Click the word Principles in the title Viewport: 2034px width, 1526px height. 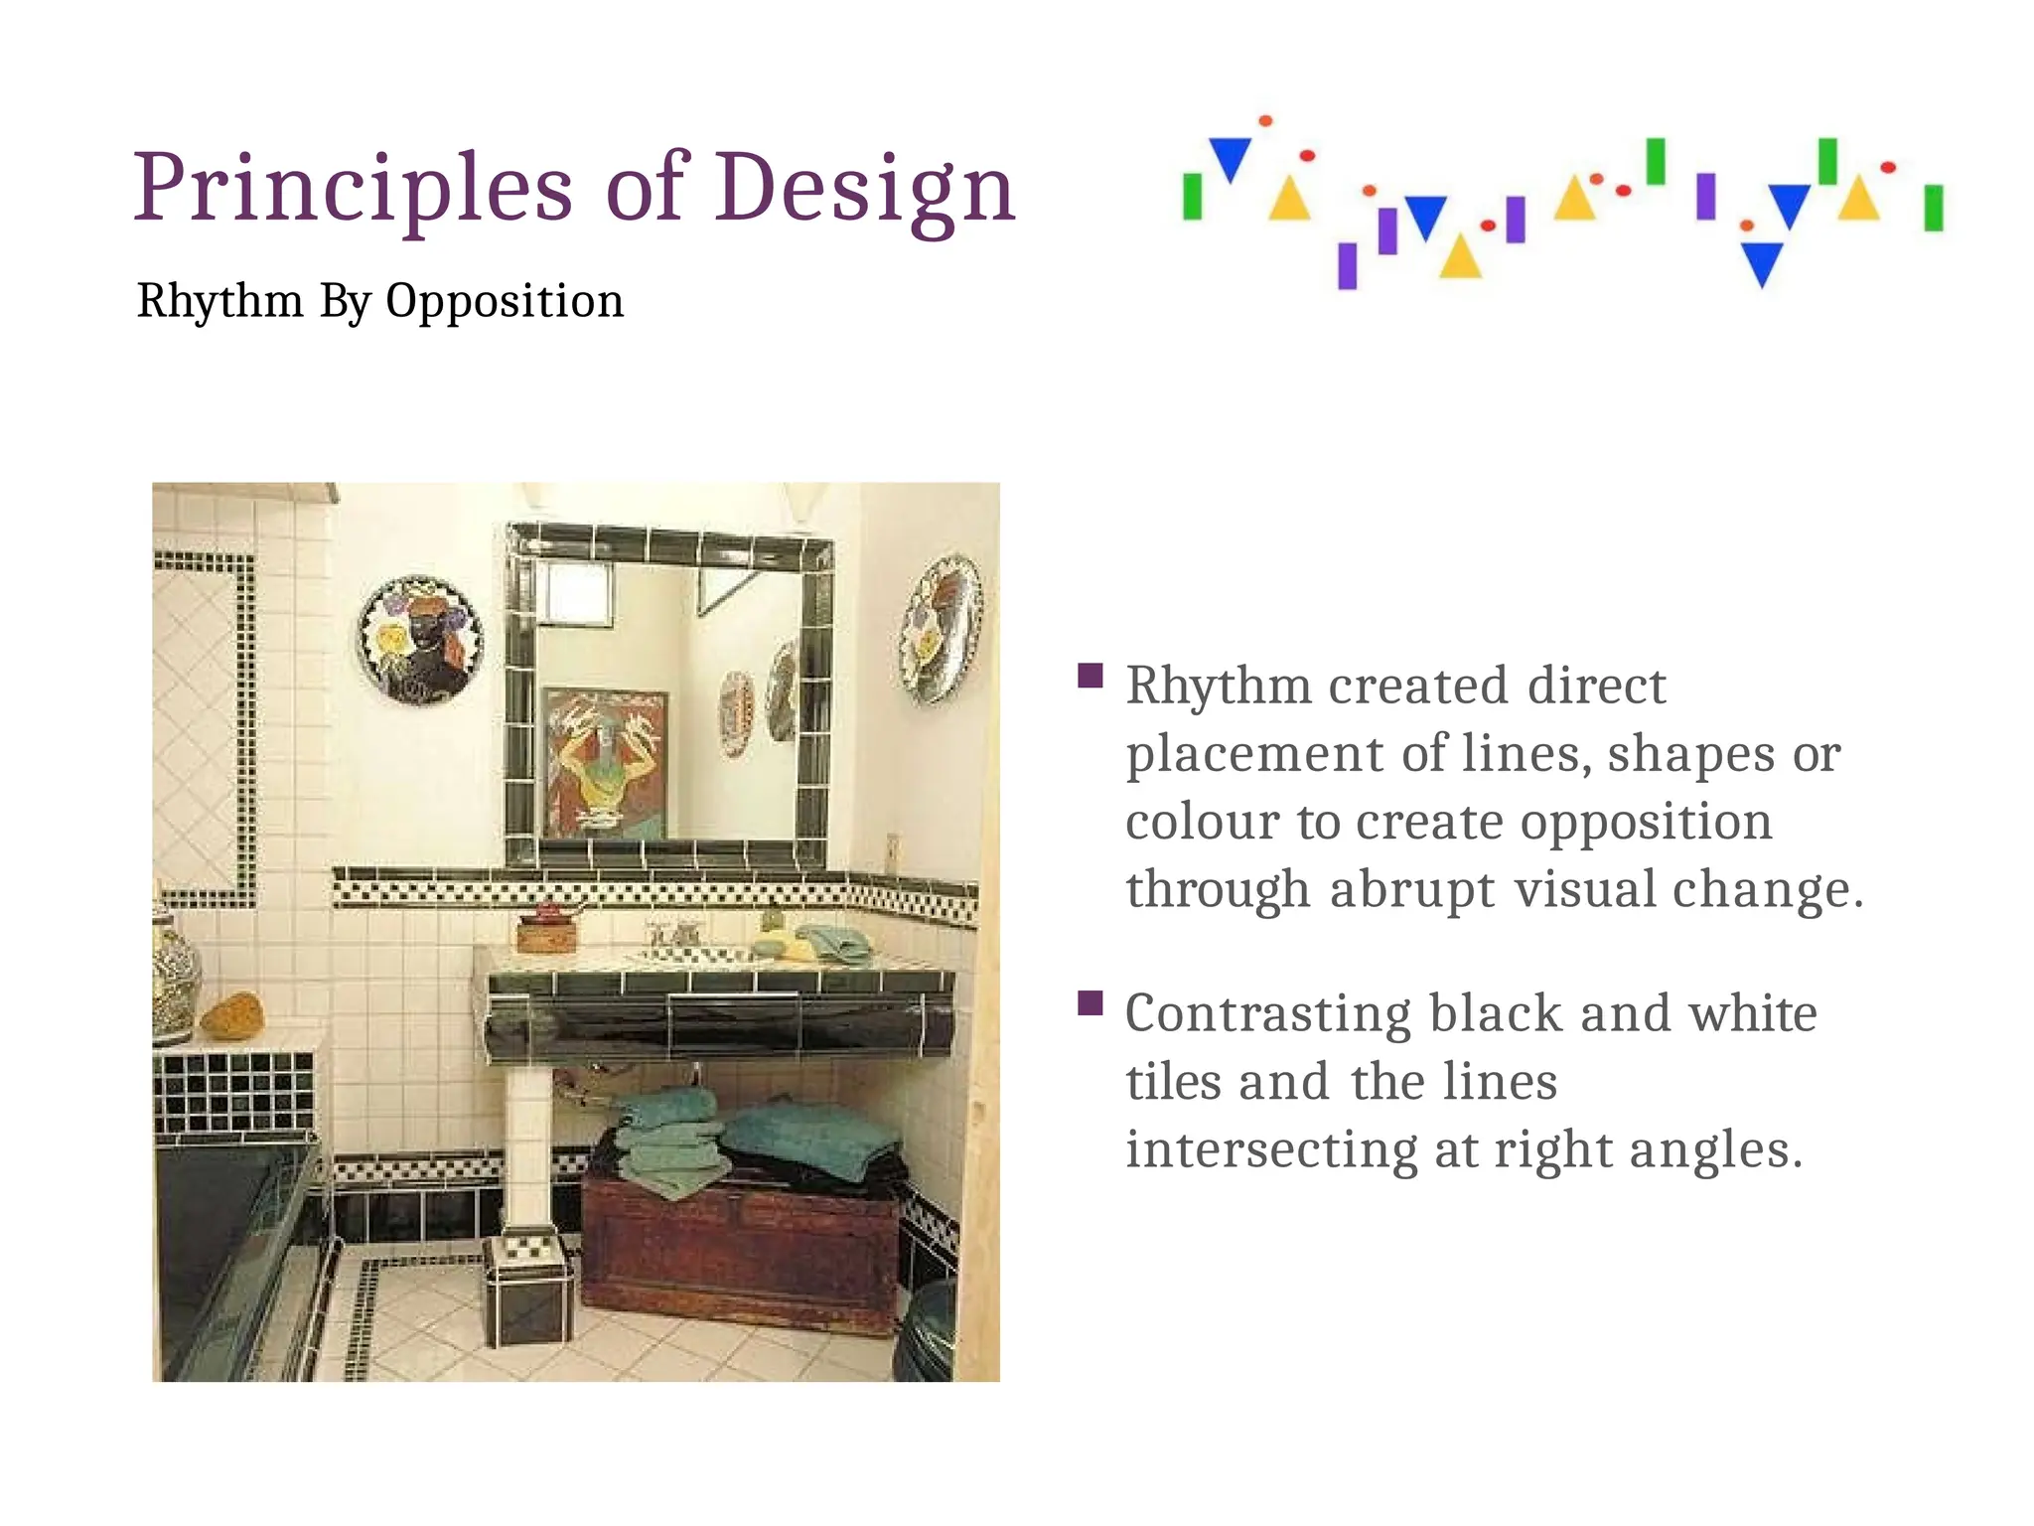point(353,188)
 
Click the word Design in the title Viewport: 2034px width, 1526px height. point(864,188)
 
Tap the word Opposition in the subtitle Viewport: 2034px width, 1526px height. point(505,301)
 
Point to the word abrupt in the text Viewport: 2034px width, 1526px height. point(1411,889)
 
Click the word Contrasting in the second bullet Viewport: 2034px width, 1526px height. point(1267,1014)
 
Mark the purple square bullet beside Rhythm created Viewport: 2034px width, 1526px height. point(1090,677)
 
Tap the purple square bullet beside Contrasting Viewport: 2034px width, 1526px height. point(1090,1003)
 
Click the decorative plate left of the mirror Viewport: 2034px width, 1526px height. point(420,641)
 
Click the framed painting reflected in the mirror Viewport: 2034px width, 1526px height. point(605,763)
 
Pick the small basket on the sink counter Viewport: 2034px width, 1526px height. point(546,933)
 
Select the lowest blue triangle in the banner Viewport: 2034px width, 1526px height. point(1762,263)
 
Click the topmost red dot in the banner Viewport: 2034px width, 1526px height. point(1265,121)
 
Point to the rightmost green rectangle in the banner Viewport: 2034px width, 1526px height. point(1933,208)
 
